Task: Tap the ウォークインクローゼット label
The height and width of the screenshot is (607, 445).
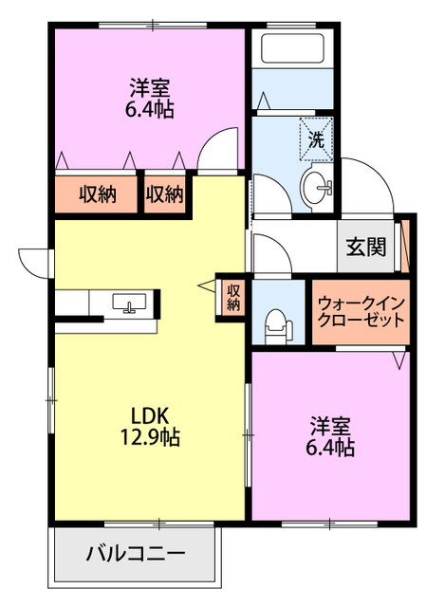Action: tap(362, 311)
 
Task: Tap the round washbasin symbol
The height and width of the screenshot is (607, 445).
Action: tap(317, 184)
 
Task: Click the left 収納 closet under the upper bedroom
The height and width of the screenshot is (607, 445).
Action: tap(97, 194)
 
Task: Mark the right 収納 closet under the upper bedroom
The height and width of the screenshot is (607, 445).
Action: tap(164, 194)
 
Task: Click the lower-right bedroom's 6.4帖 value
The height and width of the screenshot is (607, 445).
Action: tap(332, 447)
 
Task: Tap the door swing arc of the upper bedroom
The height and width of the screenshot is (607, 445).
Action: tap(220, 152)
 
